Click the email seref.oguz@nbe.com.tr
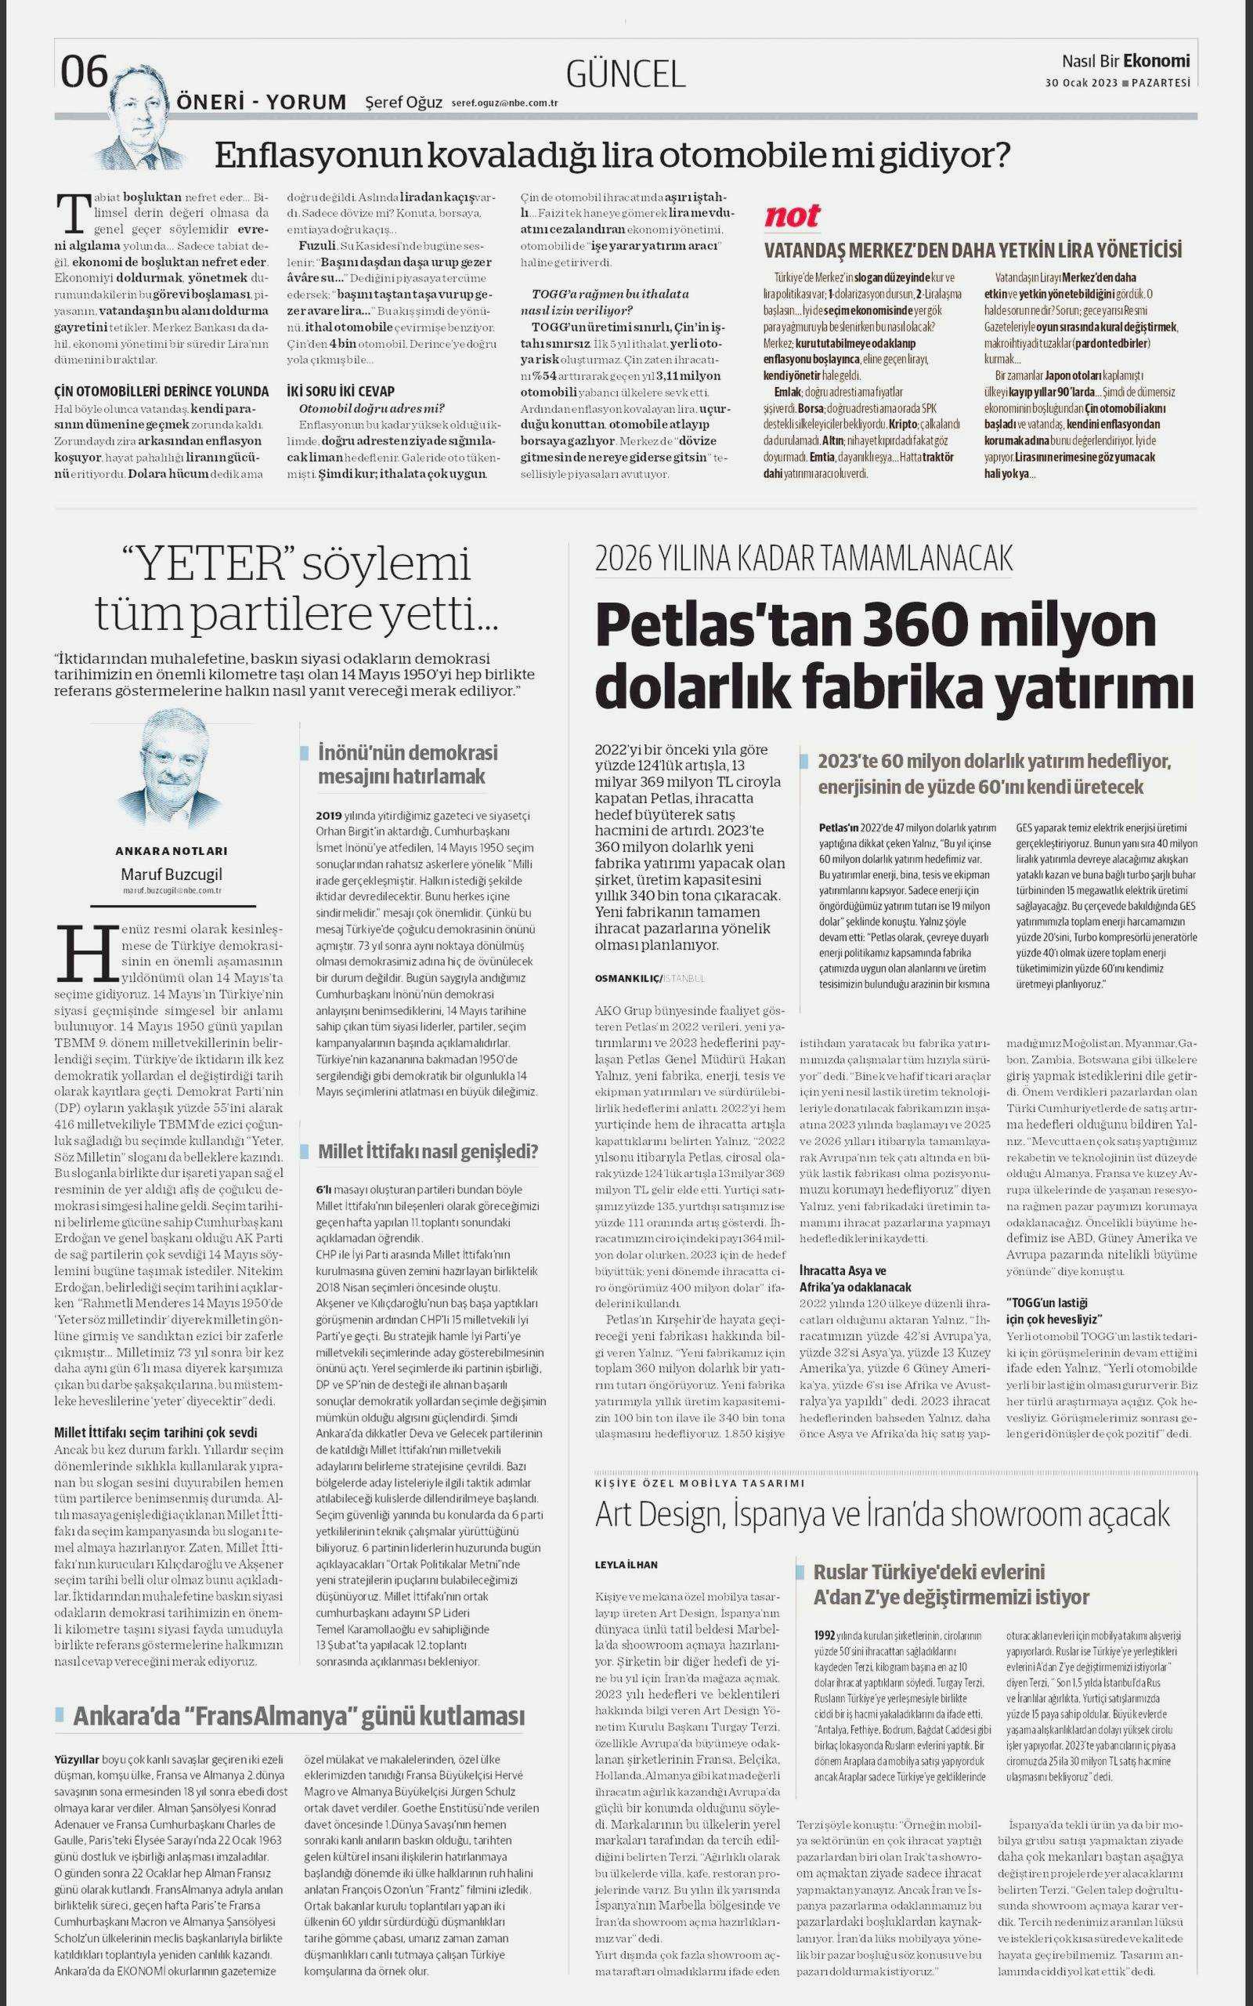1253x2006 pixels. tap(504, 103)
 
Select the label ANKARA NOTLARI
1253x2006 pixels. tap(171, 850)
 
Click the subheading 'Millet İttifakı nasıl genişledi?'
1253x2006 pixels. tap(428, 1151)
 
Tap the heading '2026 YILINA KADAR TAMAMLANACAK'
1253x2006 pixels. tap(803, 559)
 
